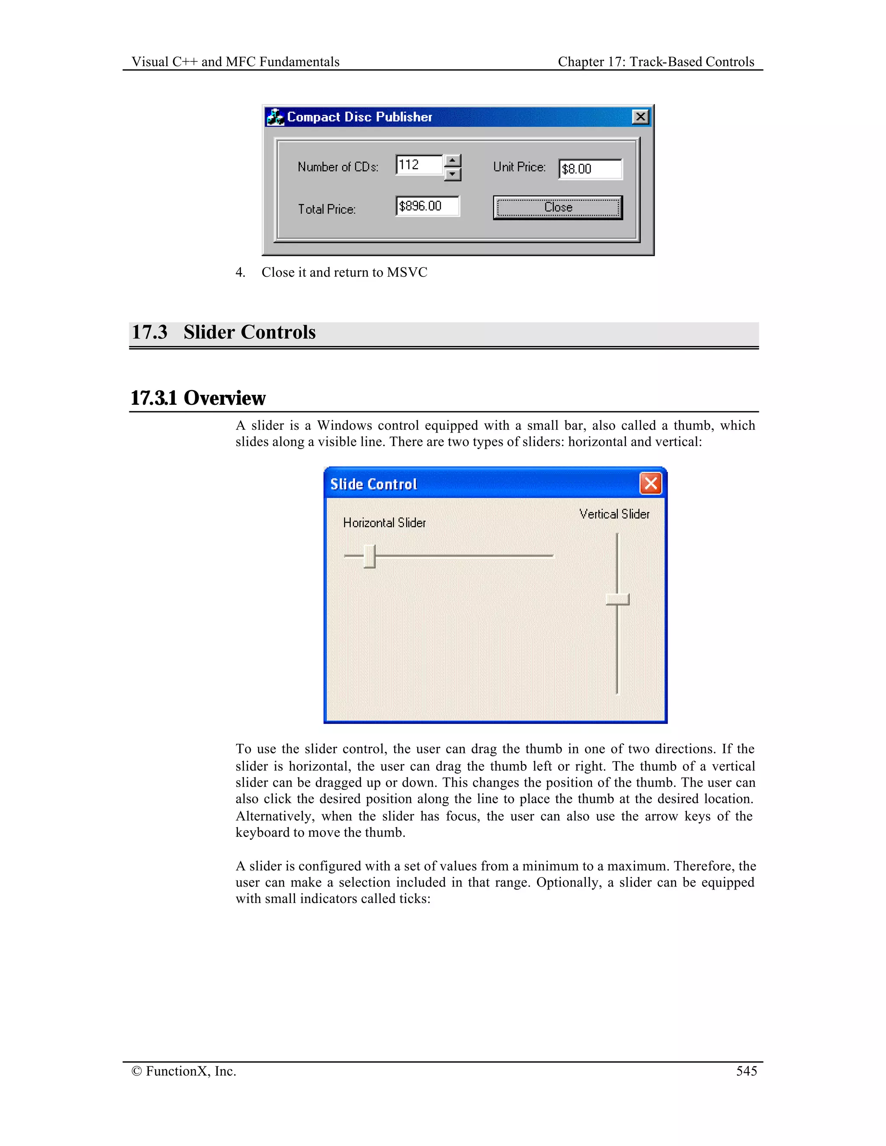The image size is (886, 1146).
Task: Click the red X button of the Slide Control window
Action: click(651, 483)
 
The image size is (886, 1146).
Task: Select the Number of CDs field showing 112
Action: click(419, 165)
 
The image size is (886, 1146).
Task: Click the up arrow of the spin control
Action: click(453, 160)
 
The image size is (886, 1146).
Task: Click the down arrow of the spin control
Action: click(453, 174)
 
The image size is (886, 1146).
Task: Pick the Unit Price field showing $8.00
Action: click(590, 169)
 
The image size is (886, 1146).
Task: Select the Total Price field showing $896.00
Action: click(427, 206)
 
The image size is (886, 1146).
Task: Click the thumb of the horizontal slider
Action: click(369, 556)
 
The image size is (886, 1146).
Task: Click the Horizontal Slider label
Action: click(384, 523)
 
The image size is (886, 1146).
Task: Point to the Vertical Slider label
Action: click(614, 514)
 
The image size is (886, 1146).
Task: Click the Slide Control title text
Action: click(374, 484)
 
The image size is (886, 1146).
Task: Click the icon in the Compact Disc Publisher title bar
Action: click(275, 117)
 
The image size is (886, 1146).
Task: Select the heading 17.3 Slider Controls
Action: click(224, 332)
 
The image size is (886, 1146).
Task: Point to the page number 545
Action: click(746, 1071)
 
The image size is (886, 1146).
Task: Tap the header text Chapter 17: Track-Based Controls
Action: click(655, 62)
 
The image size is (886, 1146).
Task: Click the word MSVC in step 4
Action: click(407, 272)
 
